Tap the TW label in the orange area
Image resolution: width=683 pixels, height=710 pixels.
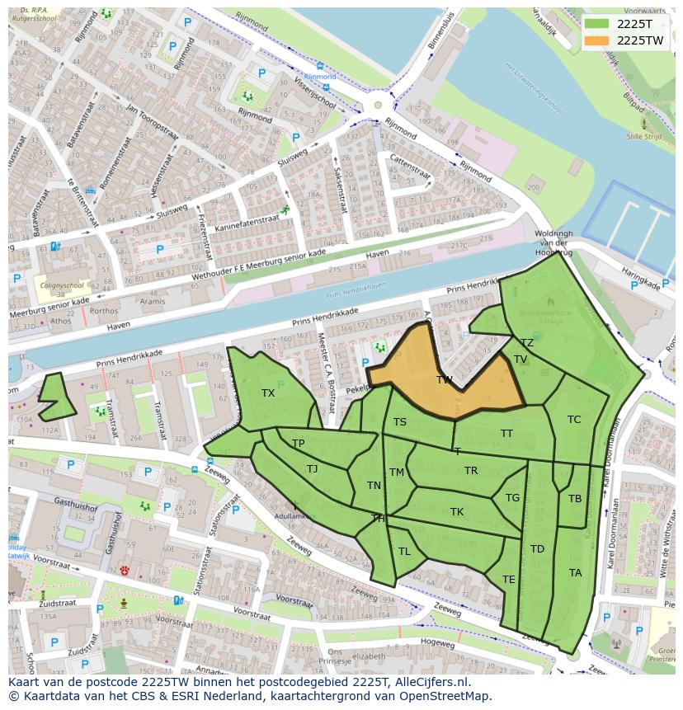click(445, 380)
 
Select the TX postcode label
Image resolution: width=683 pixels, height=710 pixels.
click(268, 393)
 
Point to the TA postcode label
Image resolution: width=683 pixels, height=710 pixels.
click(575, 573)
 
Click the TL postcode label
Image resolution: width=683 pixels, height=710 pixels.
click(404, 552)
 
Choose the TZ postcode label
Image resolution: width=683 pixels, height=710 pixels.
click(526, 343)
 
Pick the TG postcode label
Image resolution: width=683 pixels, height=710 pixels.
click(512, 498)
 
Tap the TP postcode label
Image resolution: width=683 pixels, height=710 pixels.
click(298, 444)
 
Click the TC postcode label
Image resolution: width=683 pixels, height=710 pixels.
click(574, 420)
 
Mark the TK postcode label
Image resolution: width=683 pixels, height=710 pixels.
click(457, 512)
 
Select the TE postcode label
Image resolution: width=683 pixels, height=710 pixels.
click(509, 580)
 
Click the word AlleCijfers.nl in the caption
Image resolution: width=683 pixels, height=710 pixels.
click(429, 683)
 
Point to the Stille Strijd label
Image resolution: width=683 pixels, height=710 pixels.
click(643, 137)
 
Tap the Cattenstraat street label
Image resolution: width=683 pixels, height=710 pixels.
click(410, 167)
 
